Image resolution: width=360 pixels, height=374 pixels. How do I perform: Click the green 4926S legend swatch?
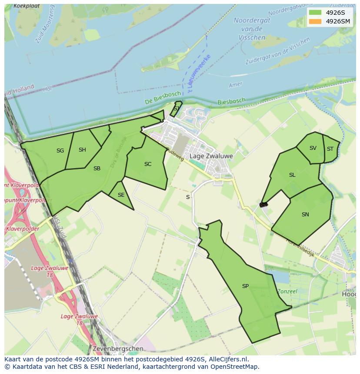pyautogui.click(x=316, y=13)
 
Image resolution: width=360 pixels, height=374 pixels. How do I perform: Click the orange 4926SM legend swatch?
pyautogui.click(x=316, y=21)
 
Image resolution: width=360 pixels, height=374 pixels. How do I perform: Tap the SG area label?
pyautogui.click(x=60, y=151)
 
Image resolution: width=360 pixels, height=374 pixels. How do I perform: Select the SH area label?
pyautogui.click(x=82, y=150)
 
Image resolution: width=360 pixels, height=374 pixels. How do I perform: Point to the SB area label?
pyautogui.click(x=97, y=169)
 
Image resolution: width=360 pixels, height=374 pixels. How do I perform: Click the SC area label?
pyautogui.click(x=148, y=164)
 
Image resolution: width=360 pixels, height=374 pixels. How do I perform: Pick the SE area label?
pyautogui.click(x=121, y=195)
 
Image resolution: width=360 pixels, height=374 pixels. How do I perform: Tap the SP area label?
pyautogui.click(x=245, y=286)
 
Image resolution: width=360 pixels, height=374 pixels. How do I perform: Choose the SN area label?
pyautogui.click(x=305, y=215)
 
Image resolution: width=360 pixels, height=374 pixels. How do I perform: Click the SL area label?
pyautogui.click(x=292, y=175)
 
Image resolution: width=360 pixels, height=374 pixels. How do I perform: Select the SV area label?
pyautogui.click(x=313, y=148)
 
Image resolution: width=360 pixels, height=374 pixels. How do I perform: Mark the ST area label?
pyautogui.click(x=330, y=149)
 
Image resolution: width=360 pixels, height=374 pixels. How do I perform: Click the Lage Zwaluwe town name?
pyautogui.click(x=211, y=156)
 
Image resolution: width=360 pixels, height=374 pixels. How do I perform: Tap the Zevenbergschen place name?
pyautogui.click(x=118, y=349)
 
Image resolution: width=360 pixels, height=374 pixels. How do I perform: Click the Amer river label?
pyautogui.click(x=235, y=85)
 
